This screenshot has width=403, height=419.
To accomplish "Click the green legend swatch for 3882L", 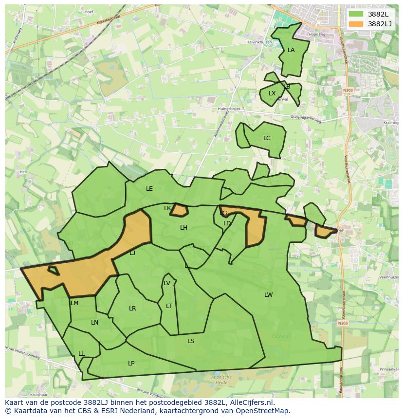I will point(356,14).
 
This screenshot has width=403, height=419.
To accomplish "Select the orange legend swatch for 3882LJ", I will point(356,24).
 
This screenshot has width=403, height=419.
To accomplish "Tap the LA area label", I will point(291,50).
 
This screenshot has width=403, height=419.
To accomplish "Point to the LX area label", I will point(272,93).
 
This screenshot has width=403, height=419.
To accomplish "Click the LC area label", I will point(267,138).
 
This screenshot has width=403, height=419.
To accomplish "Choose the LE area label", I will point(149,189).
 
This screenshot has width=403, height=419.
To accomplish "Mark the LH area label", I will point(183,228).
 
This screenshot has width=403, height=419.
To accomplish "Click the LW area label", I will point(269,295).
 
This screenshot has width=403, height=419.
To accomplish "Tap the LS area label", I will point(191,341).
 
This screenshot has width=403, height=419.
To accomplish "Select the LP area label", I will point(131,364).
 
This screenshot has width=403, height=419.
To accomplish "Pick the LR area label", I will point(132,309).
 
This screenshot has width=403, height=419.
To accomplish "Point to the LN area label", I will point(94,323).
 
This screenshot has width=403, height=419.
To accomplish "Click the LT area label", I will point(169,306).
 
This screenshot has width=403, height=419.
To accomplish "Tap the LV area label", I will point(167,283).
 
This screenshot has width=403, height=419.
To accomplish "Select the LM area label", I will point(74,303).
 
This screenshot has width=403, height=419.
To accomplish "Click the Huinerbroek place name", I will point(230,109).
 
